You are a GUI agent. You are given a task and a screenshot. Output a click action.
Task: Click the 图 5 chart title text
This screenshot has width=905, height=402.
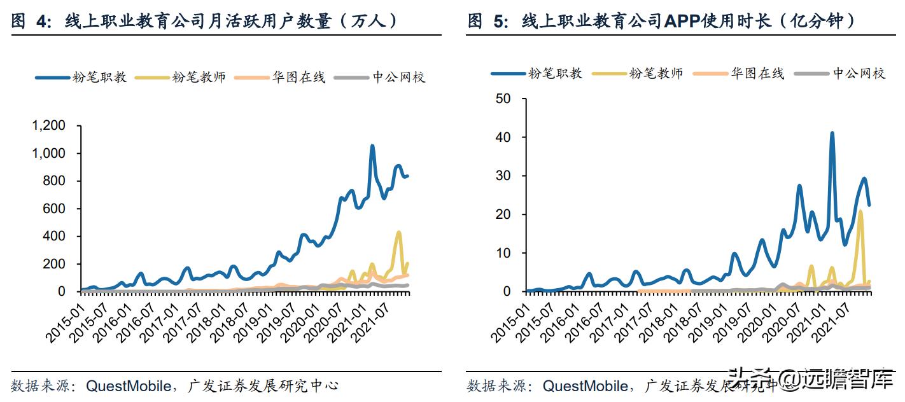pos(662,21)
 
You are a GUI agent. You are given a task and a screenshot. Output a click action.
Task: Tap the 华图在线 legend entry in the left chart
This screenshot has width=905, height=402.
pos(279,77)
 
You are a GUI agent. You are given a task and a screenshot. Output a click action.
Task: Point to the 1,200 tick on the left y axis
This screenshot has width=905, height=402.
pos(48,126)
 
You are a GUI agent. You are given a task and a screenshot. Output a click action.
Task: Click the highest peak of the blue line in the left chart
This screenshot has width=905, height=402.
pos(372,146)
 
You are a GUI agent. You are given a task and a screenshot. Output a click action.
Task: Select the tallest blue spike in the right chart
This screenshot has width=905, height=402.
pos(832,134)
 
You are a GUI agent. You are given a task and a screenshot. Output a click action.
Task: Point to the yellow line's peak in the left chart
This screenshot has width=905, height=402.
pos(399,232)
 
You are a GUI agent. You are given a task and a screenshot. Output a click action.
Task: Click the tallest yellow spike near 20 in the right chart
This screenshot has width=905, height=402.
pos(860,211)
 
